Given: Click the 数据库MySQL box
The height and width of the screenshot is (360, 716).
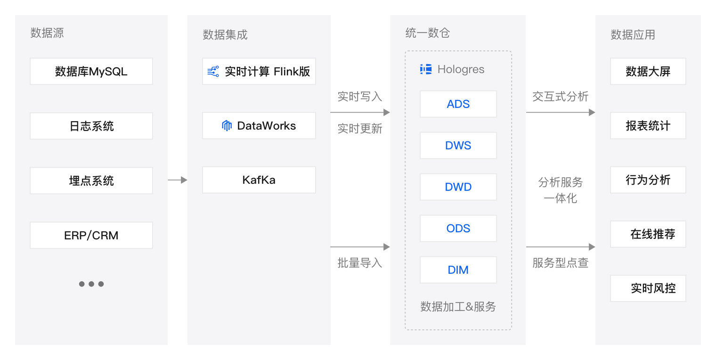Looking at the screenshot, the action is (x=91, y=72).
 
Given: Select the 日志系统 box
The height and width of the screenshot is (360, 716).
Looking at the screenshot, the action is (x=91, y=126).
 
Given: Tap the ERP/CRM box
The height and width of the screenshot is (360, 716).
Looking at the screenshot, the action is (x=91, y=235).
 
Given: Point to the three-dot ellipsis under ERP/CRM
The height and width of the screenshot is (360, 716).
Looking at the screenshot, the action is (x=91, y=284).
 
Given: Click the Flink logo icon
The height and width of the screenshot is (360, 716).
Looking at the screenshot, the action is (x=213, y=72).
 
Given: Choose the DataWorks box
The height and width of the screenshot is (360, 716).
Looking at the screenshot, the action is (x=259, y=126).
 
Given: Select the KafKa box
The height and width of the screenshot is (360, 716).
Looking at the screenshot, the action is (x=259, y=180).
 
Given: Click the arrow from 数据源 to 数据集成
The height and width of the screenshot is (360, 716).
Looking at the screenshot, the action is (x=177, y=180).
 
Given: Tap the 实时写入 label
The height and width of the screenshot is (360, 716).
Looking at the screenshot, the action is (x=360, y=97).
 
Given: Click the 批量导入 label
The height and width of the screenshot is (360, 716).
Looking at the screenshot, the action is (x=360, y=263).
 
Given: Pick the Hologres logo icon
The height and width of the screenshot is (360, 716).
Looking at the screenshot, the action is (x=426, y=69).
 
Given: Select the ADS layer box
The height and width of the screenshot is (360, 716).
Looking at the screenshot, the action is (x=458, y=104).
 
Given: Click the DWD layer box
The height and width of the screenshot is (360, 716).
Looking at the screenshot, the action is (x=458, y=187).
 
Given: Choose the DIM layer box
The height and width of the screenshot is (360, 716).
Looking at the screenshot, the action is (x=458, y=270).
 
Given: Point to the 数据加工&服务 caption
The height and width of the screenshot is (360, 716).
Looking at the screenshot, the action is (x=458, y=307).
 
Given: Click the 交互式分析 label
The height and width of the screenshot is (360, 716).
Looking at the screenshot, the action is (x=561, y=97).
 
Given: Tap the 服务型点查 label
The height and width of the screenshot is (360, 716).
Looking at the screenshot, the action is (x=561, y=263).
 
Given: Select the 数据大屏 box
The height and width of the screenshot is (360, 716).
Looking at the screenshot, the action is (x=648, y=72).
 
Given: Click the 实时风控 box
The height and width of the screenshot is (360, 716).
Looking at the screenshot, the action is (x=648, y=288).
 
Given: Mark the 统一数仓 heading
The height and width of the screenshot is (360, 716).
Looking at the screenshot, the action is (x=428, y=33).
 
